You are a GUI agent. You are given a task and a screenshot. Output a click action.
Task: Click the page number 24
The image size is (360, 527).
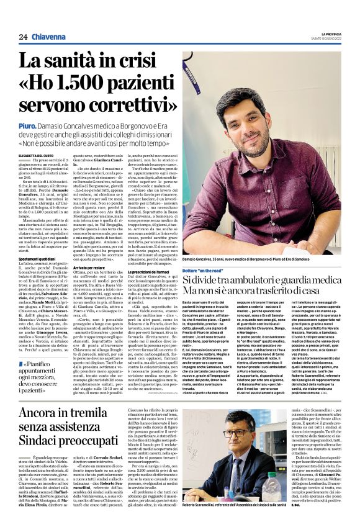[23, 37]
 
